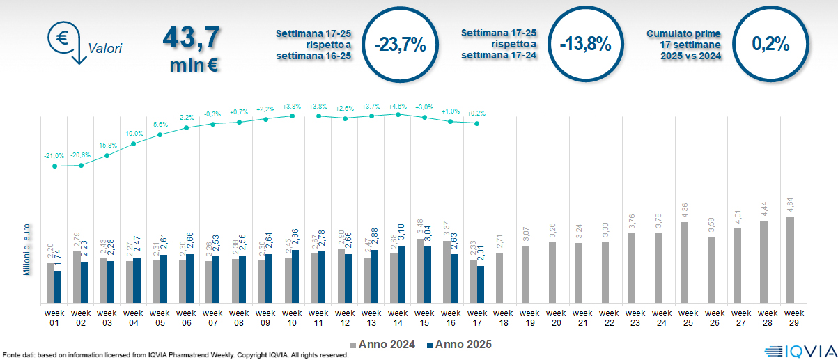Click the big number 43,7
click(x=191, y=38)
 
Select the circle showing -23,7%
click(x=399, y=45)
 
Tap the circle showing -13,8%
click(x=585, y=45)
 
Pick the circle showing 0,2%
click(x=770, y=45)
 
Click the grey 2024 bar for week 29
click(x=790, y=260)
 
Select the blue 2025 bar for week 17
click(x=481, y=284)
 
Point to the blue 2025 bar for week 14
click(x=401, y=274)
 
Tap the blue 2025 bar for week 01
click(x=58, y=287)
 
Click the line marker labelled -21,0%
click(x=54, y=166)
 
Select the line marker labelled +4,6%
click(x=398, y=114)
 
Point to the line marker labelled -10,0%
click(x=134, y=143)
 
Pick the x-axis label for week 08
click(x=239, y=317)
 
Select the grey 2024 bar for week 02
click(x=77, y=276)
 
